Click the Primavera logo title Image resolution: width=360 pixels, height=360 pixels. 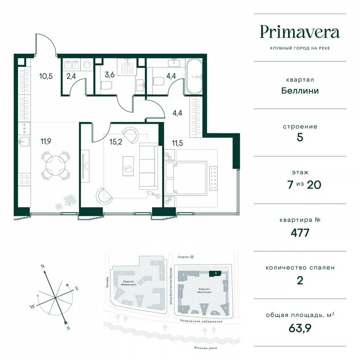pos(300,32)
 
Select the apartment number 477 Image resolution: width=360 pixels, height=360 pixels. pos(300,232)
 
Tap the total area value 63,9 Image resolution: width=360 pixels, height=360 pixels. pos(300,327)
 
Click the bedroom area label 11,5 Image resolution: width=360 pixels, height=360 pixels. pos(178,144)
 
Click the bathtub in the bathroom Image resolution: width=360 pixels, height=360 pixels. pos(194,76)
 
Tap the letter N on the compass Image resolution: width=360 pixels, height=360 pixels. pos(42,265)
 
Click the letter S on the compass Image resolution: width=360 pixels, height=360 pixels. pos(68,328)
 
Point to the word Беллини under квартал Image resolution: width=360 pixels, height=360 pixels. pos(300,90)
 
